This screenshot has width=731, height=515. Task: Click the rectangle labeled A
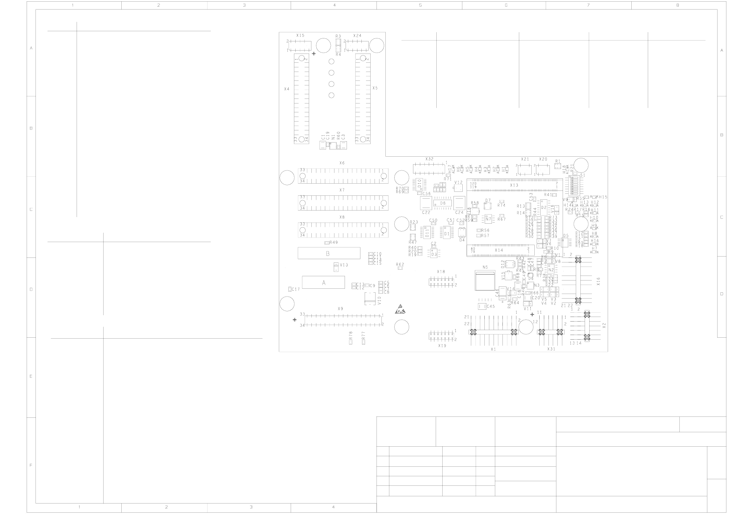click(323, 282)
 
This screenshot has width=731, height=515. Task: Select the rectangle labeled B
click(329, 253)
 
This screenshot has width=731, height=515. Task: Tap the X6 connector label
click(342, 163)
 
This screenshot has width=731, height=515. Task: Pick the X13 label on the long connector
click(514, 185)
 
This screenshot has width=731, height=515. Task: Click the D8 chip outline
click(443, 203)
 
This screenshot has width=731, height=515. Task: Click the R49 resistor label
click(333, 242)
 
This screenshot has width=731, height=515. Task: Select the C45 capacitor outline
click(481, 306)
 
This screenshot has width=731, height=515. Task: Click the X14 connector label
click(499, 250)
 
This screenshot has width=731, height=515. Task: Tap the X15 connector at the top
click(300, 46)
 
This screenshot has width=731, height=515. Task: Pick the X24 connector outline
click(357, 46)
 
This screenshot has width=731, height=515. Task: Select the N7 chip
click(488, 219)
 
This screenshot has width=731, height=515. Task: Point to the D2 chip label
click(543, 207)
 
